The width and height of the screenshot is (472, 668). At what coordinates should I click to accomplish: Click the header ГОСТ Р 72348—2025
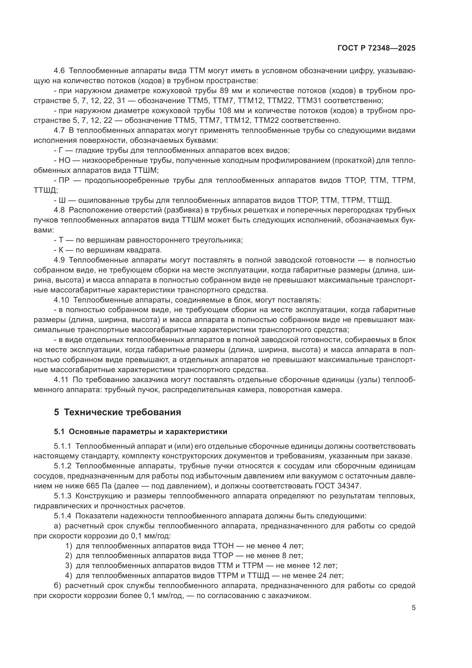[x=376, y=48]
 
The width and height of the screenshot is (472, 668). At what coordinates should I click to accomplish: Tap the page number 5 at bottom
[x=413, y=608]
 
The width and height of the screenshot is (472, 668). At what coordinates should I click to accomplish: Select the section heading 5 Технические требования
[x=117, y=412]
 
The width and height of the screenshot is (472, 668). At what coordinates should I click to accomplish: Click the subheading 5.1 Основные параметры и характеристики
[x=140, y=432]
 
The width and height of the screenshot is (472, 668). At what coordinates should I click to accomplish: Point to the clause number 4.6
[x=60, y=71]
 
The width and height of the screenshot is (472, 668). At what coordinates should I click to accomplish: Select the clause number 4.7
[x=60, y=131]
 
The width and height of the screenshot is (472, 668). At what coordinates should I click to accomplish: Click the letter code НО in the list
[x=64, y=160]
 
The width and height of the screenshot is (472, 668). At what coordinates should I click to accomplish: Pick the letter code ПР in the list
[x=64, y=180]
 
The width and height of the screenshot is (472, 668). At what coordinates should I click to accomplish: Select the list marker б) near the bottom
[x=57, y=585]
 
